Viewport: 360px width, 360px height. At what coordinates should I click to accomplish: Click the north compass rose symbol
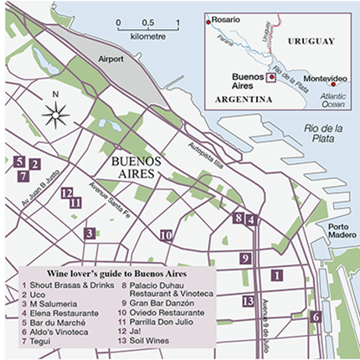tap(54, 115)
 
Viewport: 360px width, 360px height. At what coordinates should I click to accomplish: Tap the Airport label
tap(110, 61)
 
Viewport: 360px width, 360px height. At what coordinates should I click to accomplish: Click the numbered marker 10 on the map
tap(166, 235)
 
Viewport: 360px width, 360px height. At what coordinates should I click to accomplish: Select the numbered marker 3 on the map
tap(89, 233)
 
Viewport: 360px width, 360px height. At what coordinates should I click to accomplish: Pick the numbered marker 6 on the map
tap(316, 316)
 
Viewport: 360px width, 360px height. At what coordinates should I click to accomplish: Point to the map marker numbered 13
tap(247, 301)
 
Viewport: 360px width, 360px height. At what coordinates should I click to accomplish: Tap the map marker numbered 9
tap(245, 259)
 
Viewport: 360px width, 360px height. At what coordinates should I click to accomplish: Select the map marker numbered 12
tap(66, 193)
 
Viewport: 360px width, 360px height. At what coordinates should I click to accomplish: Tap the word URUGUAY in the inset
tap(306, 40)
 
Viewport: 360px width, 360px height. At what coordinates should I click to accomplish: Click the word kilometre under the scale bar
tap(148, 37)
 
